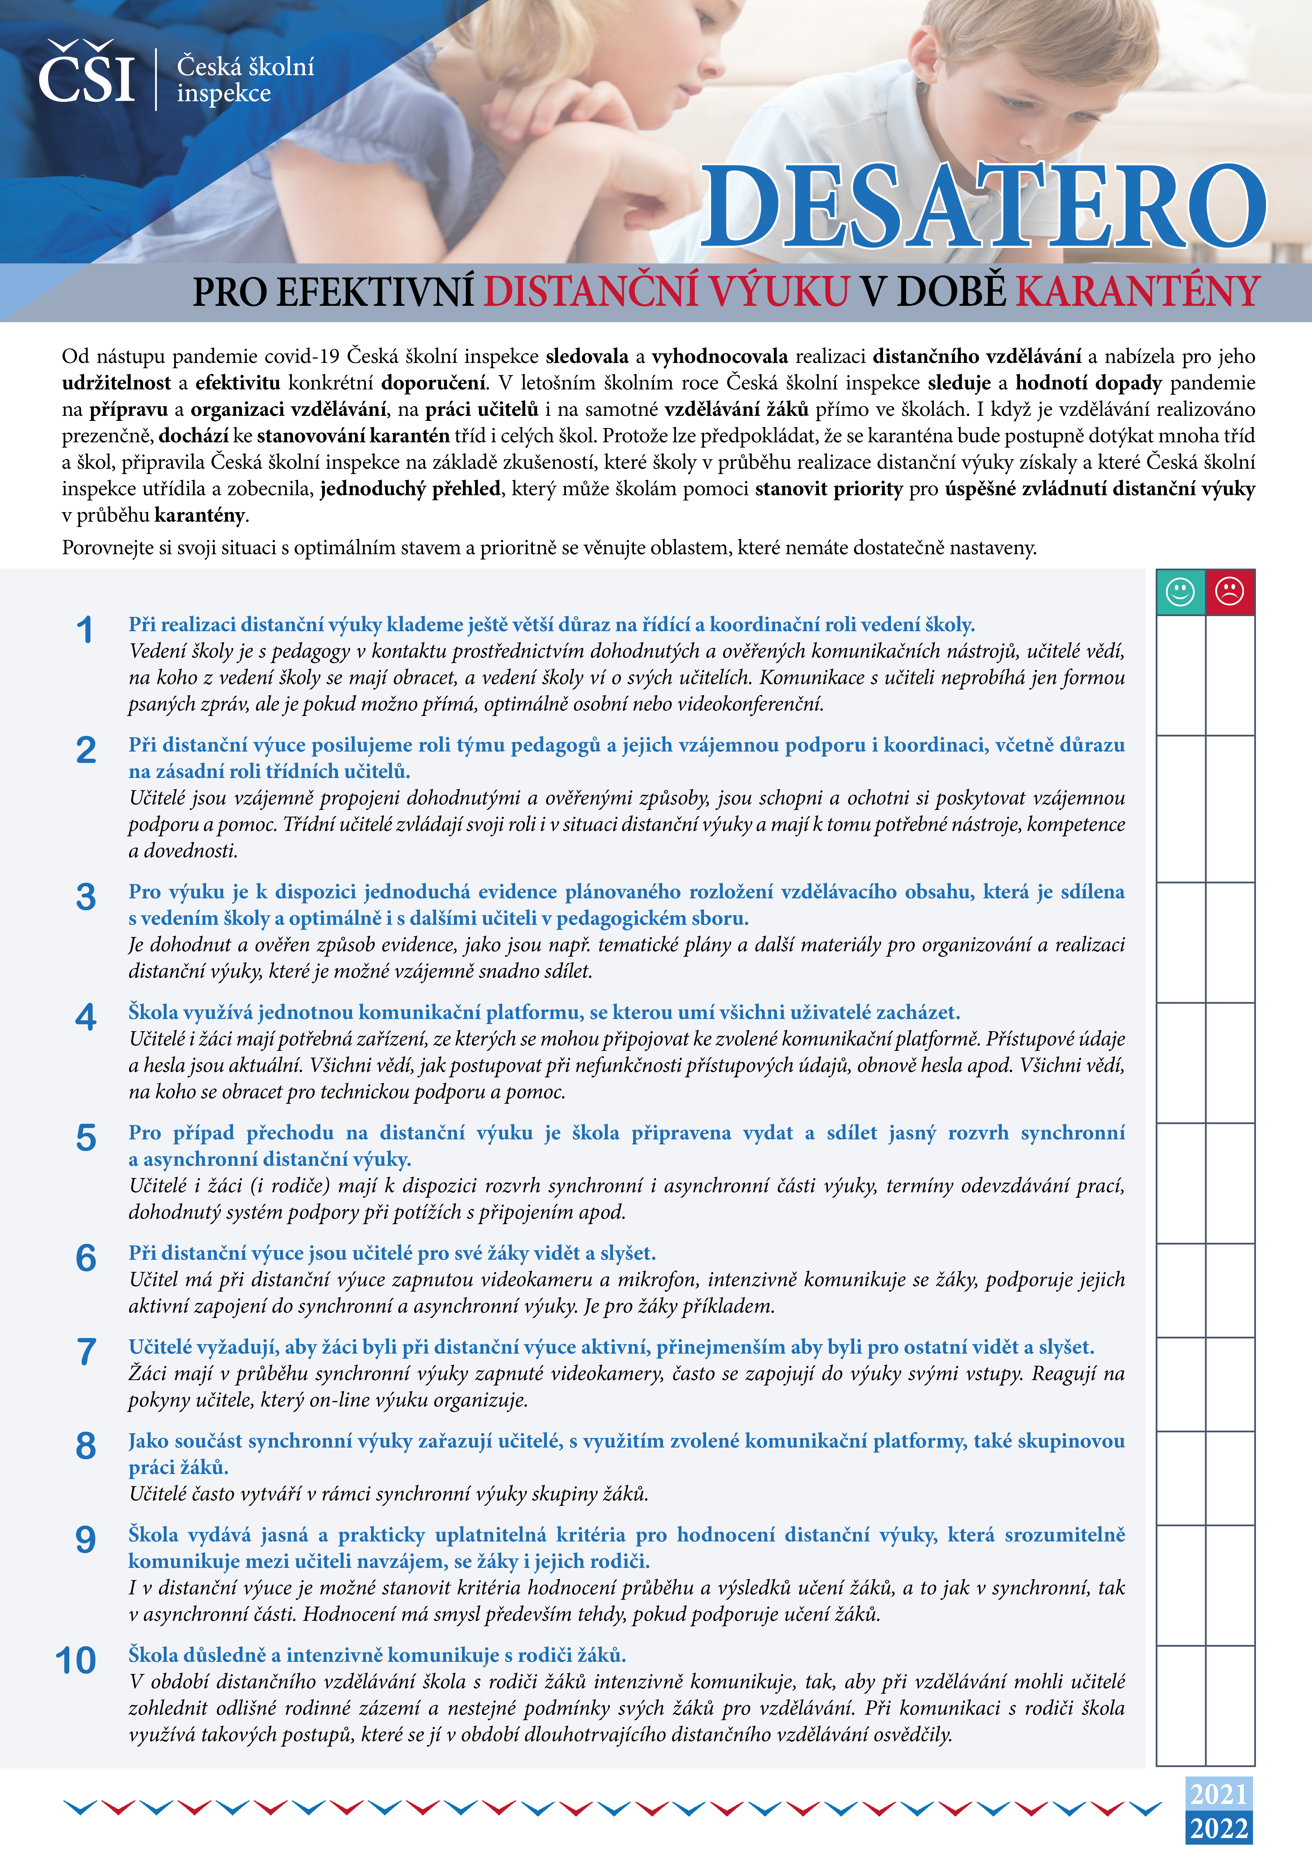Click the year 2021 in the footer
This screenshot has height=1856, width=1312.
point(1218,1794)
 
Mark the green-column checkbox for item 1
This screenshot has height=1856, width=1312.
point(1180,675)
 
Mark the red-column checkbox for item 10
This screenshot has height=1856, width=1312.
point(1229,1706)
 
